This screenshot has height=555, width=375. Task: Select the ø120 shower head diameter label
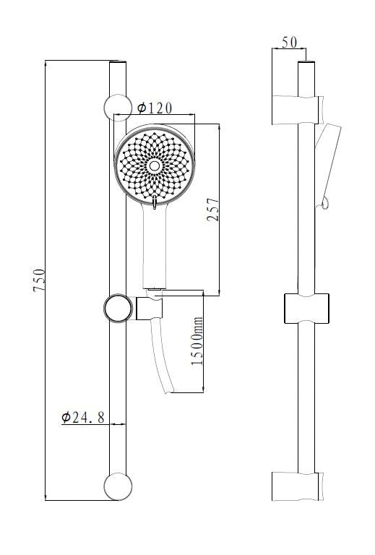point(155,108)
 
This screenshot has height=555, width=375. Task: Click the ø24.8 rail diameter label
point(83,417)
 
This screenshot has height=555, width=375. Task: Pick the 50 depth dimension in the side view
point(289,43)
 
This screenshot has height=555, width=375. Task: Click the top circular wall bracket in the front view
point(116,107)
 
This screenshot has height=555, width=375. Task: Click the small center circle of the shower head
point(154,165)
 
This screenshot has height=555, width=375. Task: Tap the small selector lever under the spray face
point(154,204)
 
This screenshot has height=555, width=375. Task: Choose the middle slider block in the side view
point(307,309)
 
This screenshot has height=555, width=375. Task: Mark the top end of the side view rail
point(306,65)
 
